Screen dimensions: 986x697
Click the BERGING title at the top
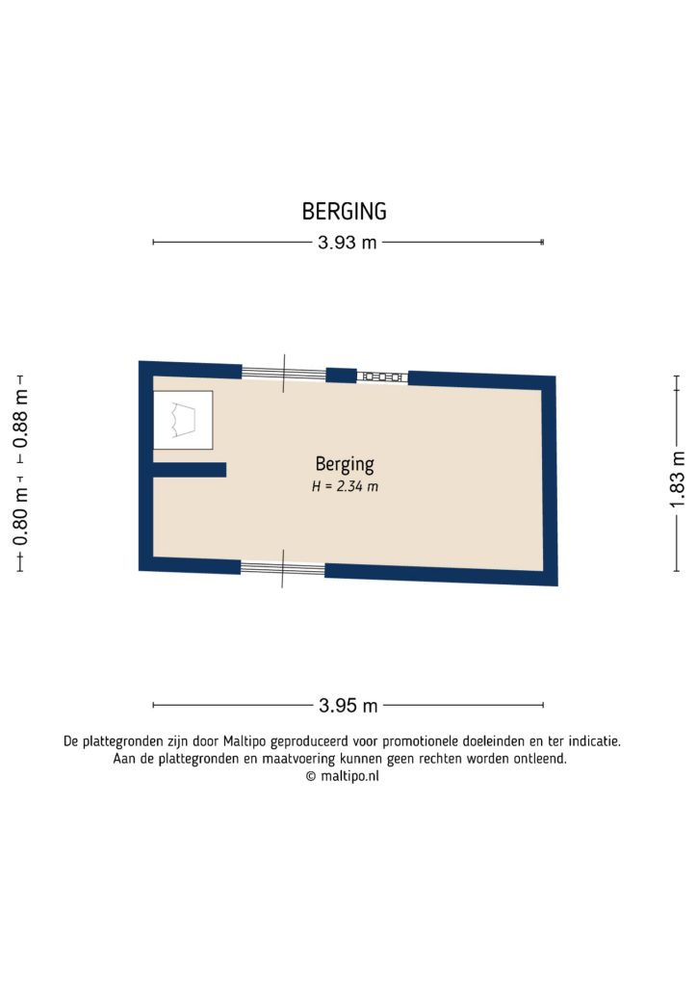tap(344, 211)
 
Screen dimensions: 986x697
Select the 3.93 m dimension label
tap(348, 243)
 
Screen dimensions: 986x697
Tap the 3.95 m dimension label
tap(348, 706)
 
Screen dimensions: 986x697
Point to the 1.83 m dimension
tap(679, 473)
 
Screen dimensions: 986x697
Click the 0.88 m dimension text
tap(20, 416)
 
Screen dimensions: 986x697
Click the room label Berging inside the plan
tap(344, 463)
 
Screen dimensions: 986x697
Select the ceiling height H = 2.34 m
tap(345, 487)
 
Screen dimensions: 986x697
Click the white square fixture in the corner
tap(183, 420)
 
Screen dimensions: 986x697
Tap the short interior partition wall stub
tap(190, 470)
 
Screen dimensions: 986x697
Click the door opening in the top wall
tap(283, 374)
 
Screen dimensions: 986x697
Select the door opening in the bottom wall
tap(282, 568)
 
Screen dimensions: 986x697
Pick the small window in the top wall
tap(381, 376)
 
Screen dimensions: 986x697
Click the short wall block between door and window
tap(341, 376)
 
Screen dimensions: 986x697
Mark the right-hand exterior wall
tap(550, 480)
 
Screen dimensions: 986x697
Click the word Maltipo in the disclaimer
tap(245, 741)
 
